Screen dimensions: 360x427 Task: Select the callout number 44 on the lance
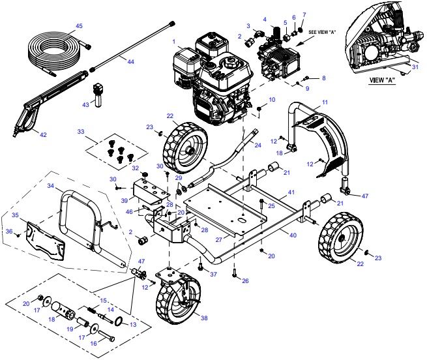pyautogui.click(x=130, y=61)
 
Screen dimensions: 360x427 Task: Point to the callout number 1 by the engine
pyautogui.click(x=174, y=42)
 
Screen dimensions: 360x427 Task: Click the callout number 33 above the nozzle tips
pyautogui.click(x=81, y=131)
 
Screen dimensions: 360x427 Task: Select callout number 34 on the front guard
pyautogui.click(x=50, y=186)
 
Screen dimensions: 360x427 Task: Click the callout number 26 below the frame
pyautogui.click(x=245, y=280)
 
